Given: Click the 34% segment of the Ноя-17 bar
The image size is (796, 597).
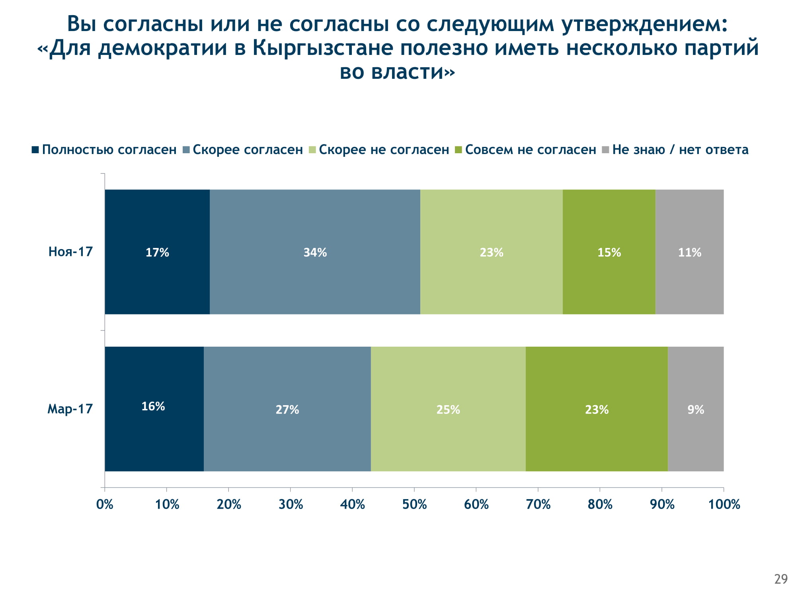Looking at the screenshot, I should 315,252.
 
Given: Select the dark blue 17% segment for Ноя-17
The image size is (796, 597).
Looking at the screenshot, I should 157,252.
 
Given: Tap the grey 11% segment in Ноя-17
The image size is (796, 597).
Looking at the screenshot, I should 689,252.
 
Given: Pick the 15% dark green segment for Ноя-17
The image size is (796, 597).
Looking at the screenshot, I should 609,252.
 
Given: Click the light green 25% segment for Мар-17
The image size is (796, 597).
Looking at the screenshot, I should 448,409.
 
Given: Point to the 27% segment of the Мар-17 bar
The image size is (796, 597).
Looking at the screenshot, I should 287,409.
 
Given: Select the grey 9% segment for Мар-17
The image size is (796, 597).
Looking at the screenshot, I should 696,409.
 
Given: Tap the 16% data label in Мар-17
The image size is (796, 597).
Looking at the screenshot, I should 153,406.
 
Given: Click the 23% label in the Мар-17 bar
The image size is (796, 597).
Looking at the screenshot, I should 597,410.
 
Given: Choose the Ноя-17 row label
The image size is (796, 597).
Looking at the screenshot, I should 70,252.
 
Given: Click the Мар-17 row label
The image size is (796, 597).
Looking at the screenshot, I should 70,409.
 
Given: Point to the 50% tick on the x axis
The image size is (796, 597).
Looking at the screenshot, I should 414,504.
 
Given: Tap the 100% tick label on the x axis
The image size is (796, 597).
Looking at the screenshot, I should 724,504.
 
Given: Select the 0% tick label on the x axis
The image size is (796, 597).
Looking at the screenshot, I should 105,504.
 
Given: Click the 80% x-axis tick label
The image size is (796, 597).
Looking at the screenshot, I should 600,504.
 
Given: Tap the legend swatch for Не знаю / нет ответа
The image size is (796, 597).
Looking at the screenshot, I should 605,150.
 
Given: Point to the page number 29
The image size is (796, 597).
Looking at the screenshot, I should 781,579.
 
